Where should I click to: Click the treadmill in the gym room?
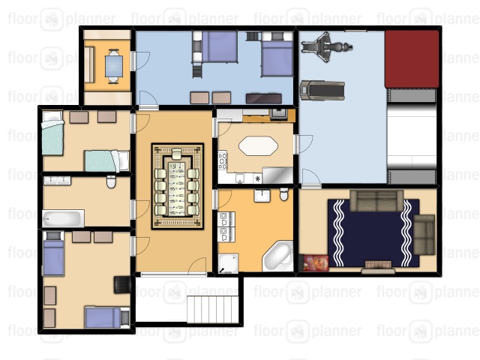(322, 90)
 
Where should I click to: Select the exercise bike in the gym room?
(326, 47)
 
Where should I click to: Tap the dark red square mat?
(412, 59)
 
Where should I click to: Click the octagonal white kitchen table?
(258, 146)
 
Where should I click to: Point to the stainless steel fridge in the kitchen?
(277, 175)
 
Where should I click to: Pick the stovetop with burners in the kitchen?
(223, 160)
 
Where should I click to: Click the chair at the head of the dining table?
(177, 154)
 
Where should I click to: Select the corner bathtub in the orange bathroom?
(278, 256)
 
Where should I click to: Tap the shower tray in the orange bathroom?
(228, 263)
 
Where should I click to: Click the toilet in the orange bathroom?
(284, 195)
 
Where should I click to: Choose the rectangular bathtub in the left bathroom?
(63, 218)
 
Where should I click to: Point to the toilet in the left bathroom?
(111, 181)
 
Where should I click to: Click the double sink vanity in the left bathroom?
(57, 181)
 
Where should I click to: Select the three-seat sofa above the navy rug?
(376, 200)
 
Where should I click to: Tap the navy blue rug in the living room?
(373, 233)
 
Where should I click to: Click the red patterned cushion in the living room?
(316, 263)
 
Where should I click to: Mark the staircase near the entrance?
(212, 309)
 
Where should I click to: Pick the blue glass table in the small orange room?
(113, 66)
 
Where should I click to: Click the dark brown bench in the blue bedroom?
(263, 98)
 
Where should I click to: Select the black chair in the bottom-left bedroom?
(122, 285)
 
